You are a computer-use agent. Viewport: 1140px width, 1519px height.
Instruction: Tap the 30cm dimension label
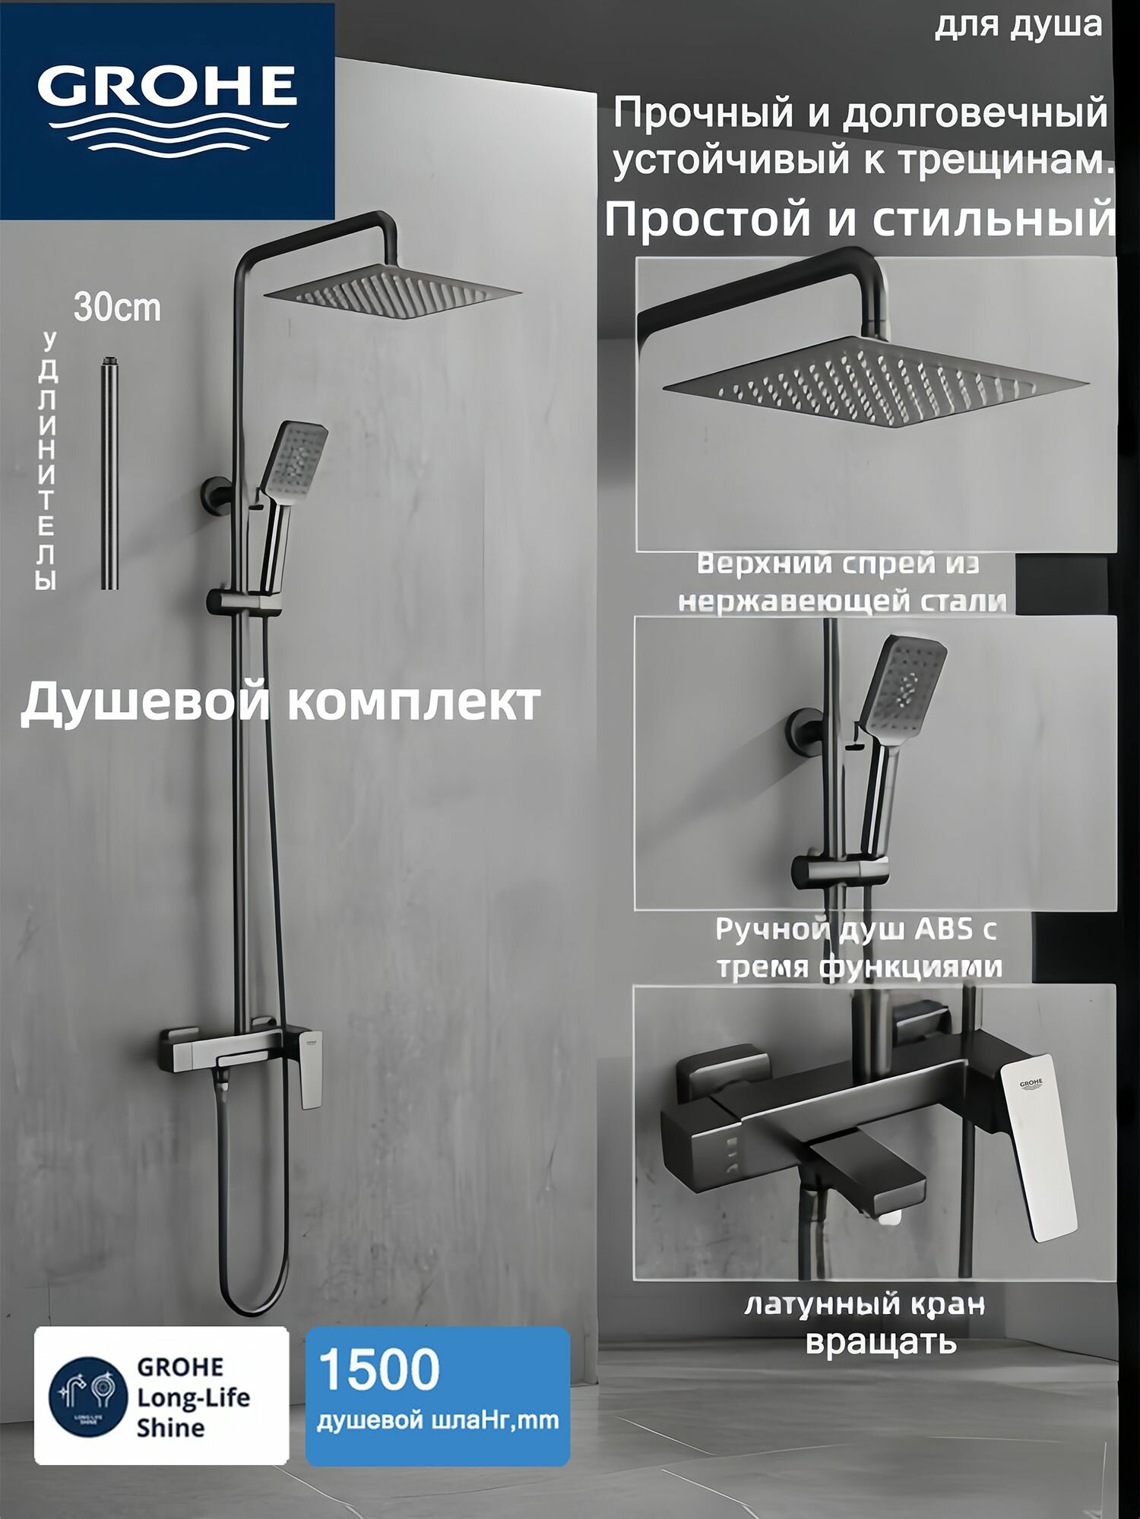[117, 308]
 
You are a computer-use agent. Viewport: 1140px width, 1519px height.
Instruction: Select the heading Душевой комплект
[280, 703]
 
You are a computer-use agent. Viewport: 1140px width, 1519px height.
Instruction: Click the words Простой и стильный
[860, 219]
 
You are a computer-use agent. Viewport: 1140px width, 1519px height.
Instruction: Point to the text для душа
[1018, 25]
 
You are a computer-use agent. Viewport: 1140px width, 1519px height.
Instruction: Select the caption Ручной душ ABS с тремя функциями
[857, 948]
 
